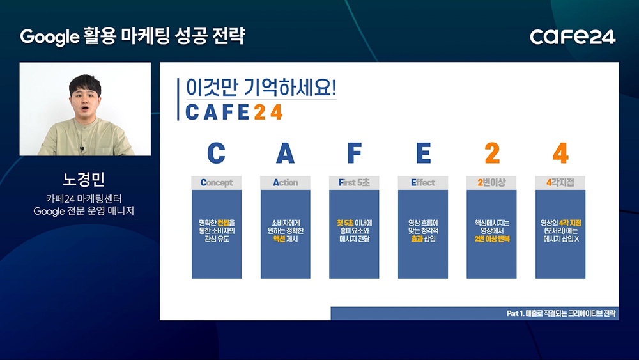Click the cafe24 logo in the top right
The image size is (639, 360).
(x=573, y=36)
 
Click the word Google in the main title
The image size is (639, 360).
(x=49, y=37)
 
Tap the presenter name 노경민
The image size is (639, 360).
(x=84, y=179)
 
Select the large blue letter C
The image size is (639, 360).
(x=216, y=153)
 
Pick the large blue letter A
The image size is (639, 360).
(x=285, y=153)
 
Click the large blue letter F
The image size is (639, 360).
(x=354, y=153)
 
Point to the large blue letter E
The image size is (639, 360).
(x=423, y=153)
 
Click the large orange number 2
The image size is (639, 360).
(x=492, y=153)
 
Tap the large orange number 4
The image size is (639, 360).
(x=561, y=153)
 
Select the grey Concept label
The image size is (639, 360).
(x=217, y=183)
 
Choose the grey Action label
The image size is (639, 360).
(x=285, y=183)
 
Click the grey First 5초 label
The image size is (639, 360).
(x=354, y=183)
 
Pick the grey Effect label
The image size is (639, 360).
(x=423, y=183)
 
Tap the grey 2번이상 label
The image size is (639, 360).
(x=491, y=183)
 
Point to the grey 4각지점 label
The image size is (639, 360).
(x=560, y=183)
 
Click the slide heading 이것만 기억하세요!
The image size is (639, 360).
(x=261, y=87)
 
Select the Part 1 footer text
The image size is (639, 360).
(x=561, y=313)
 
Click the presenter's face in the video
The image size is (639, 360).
(x=85, y=100)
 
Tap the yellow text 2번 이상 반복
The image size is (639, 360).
(x=492, y=239)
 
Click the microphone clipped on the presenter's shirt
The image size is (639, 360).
(x=82, y=149)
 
